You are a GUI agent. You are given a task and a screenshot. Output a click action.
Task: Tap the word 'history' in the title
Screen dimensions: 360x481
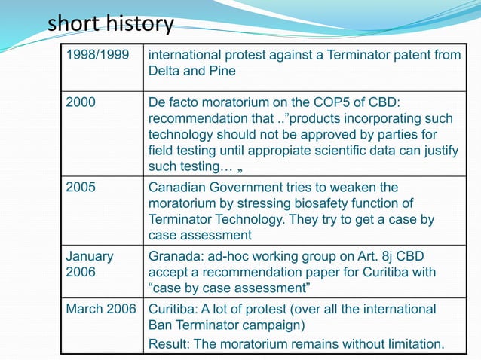pyautogui.click(x=139, y=25)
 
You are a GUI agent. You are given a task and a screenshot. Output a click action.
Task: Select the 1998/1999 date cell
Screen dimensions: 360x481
pyautogui.click(x=94, y=54)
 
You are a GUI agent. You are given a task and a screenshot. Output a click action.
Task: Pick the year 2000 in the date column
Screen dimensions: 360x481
pyautogui.click(x=79, y=102)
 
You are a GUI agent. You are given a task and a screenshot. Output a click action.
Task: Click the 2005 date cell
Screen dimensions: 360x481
pyautogui.click(x=79, y=187)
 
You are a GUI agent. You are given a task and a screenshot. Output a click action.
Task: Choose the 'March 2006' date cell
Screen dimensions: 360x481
pyautogui.click(x=101, y=310)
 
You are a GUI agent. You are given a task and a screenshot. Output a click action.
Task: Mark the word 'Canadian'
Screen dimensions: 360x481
pyautogui.click(x=182, y=187)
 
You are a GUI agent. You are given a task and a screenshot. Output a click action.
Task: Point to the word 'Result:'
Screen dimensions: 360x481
pyautogui.click(x=171, y=344)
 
